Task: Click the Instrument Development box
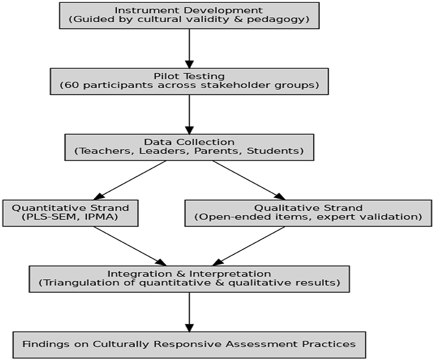click(189, 15)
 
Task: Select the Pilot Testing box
click(189, 81)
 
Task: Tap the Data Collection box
click(189, 147)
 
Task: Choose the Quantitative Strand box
click(71, 213)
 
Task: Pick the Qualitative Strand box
click(308, 213)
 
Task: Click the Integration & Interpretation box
click(189, 279)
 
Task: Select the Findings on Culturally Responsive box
click(189, 345)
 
